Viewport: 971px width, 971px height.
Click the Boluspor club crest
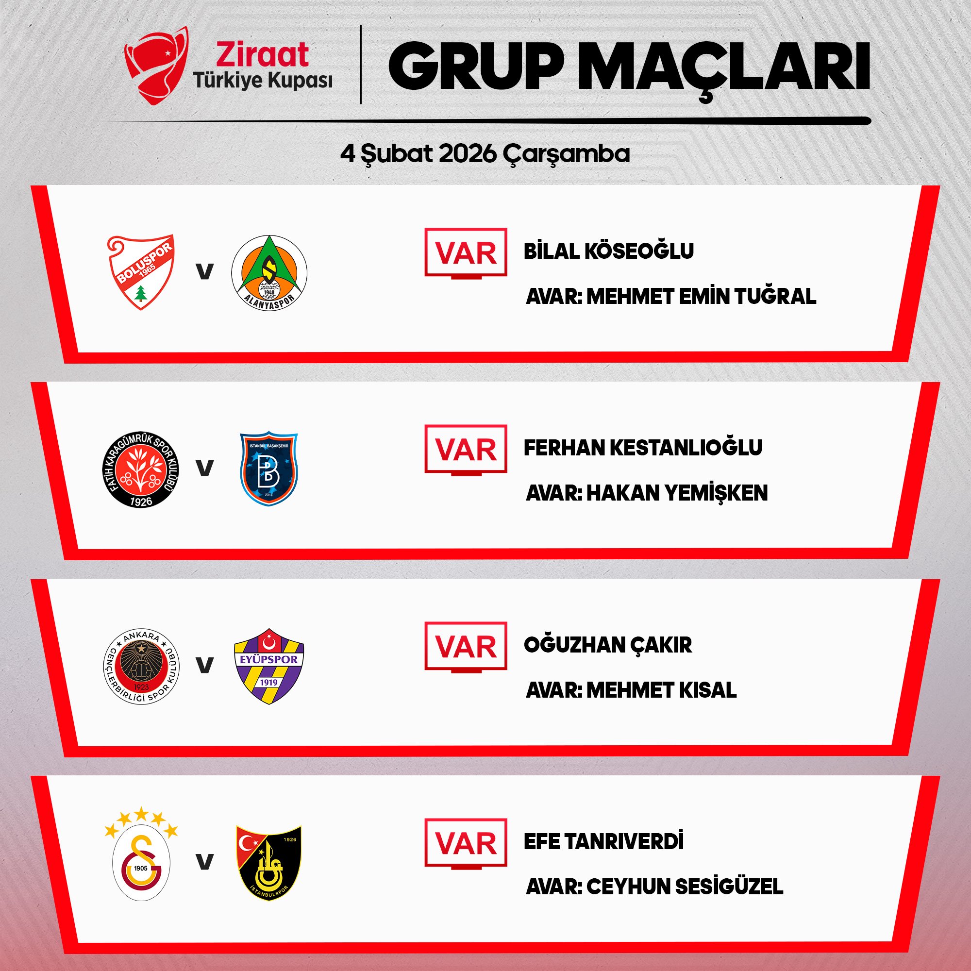(141, 272)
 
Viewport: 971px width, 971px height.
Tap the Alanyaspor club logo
(269, 272)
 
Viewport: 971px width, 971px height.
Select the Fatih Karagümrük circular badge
(141, 469)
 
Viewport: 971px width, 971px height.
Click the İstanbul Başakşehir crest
(269, 469)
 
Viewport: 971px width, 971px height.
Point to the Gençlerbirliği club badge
(141, 666)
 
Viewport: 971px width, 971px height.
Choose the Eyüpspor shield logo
(269, 666)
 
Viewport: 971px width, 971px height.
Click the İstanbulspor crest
(269, 863)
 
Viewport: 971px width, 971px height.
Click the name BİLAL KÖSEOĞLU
(609, 251)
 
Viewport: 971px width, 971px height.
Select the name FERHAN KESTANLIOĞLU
(643, 447)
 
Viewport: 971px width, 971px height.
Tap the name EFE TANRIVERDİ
(603, 841)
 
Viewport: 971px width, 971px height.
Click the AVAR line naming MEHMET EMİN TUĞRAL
(671, 296)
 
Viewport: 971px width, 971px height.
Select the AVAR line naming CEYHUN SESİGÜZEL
(654, 886)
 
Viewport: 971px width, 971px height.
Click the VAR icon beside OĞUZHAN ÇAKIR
(466, 647)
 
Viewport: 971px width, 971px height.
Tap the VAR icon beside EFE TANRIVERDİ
(466, 844)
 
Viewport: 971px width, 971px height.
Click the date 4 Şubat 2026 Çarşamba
(485, 154)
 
